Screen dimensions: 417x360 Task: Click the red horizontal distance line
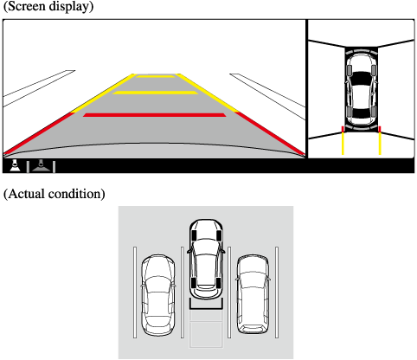(x=155, y=115)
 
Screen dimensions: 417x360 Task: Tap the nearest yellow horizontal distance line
(x=155, y=93)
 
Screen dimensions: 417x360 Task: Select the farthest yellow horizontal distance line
(x=156, y=76)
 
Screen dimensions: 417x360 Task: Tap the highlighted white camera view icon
(x=15, y=165)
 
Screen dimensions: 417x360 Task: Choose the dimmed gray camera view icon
(x=41, y=166)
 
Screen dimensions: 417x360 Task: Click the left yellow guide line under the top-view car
(x=343, y=144)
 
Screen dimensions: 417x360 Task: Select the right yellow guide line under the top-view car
(x=380, y=144)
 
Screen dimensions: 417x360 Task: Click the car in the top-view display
(x=362, y=89)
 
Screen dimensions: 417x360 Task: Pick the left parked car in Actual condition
(x=158, y=295)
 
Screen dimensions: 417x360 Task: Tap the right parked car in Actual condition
(x=253, y=294)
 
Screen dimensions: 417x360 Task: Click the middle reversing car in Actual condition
(x=206, y=259)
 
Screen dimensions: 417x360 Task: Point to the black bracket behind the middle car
(x=206, y=307)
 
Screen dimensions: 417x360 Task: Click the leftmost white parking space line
(x=135, y=292)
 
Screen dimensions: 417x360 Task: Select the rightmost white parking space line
(x=277, y=292)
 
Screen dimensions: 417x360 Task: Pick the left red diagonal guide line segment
(x=39, y=133)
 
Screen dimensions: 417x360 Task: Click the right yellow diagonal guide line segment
(x=207, y=93)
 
